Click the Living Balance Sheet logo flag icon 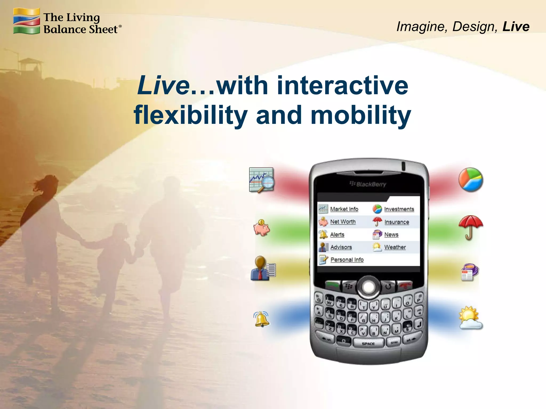pos(26,21)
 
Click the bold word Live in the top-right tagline pos(516,27)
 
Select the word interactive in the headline pos(342,85)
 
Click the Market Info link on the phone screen pos(344,209)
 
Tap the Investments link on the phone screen pos(399,209)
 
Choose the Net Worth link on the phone pos(343,222)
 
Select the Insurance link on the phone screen pos(396,222)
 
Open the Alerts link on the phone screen pos(337,234)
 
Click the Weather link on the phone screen pos(395,247)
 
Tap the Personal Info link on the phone pos(347,260)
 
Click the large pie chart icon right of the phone pos(471,179)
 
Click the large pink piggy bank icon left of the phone pos(262,228)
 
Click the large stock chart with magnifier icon pos(262,180)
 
